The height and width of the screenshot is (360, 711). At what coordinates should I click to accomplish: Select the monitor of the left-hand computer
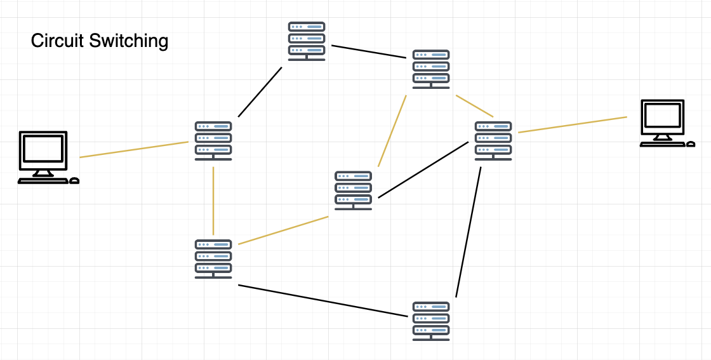[x=43, y=151]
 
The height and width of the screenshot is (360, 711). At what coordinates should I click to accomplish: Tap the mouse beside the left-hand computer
[x=74, y=181]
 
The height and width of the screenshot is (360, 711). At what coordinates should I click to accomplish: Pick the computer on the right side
[x=663, y=123]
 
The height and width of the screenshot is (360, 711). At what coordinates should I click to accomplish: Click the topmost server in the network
[x=307, y=41]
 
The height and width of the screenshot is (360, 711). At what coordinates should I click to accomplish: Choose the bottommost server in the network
[x=431, y=321]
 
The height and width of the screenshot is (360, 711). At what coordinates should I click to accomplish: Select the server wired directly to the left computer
[x=213, y=140]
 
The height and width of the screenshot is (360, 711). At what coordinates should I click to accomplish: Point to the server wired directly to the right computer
[x=493, y=140]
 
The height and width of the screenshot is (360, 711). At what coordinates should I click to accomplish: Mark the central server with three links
[x=353, y=190]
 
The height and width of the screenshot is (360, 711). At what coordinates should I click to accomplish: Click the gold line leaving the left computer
[x=134, y=149]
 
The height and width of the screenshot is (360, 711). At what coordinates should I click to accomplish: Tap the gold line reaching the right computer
[x=572, y=125]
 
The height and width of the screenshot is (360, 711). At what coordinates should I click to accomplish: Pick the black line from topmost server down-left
[x=260, y=91]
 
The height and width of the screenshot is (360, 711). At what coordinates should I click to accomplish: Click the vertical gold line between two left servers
[x=213, y=201]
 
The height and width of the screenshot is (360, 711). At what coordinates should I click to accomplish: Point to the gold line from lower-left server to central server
[x=283, y=230]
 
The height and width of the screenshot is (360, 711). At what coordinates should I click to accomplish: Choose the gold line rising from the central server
[x=392, y=131]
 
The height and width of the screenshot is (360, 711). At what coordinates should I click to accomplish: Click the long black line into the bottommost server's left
[x=322, y=300]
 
